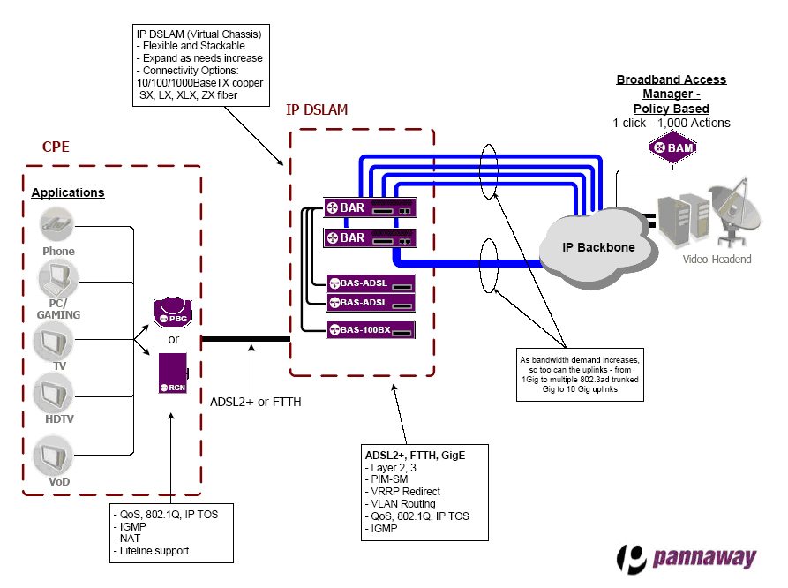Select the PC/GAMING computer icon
(x=57, y=282)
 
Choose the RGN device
(x=172, y=373)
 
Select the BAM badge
(x=672, y=147)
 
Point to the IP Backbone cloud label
(x=599, y=247)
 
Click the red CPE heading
(x=56, y=147)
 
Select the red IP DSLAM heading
(x=317, y=110)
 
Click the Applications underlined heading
(x=68, y=192)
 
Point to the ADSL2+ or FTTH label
(x=256, y=402)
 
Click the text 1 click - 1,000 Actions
(x=672, y=123)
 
